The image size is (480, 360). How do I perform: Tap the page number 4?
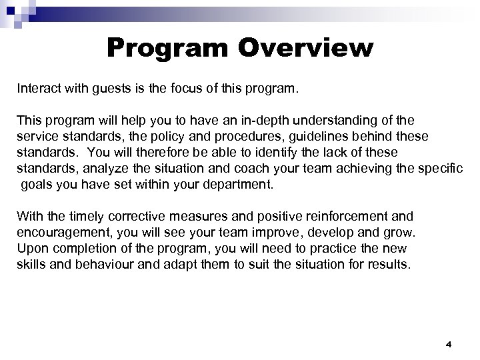pos(449,344)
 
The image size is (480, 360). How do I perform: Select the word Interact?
pos(38,88)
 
